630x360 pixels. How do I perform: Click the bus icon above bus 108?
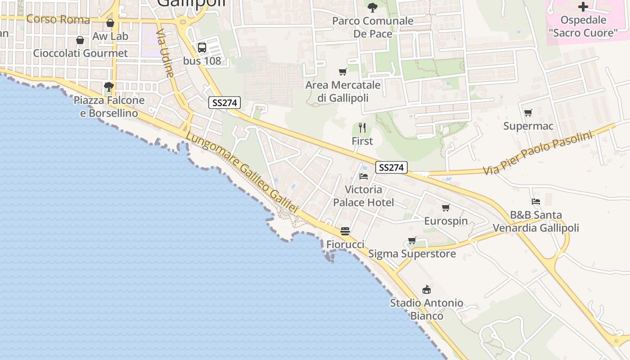202,47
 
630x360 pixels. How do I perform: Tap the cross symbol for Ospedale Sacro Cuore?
583,7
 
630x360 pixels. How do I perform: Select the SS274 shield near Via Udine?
225,103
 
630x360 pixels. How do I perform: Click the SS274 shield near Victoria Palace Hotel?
391,167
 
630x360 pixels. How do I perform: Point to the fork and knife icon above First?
362,128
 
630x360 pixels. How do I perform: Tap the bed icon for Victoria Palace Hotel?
364,176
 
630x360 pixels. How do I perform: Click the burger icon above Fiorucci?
345,231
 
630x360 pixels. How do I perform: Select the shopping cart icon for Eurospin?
445,207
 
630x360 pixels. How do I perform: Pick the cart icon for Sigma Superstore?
412,240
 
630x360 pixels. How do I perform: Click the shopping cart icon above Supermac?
528,112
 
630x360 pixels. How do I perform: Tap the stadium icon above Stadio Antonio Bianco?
426,289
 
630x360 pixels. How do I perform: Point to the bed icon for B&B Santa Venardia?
535,202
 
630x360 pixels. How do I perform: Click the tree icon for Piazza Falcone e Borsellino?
108,86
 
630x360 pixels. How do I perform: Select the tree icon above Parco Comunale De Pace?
372,7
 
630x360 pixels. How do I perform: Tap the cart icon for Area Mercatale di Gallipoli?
343,72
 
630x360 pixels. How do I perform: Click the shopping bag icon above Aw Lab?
110,23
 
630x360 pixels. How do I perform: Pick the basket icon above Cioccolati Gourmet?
80,40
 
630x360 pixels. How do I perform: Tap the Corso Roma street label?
52,19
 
